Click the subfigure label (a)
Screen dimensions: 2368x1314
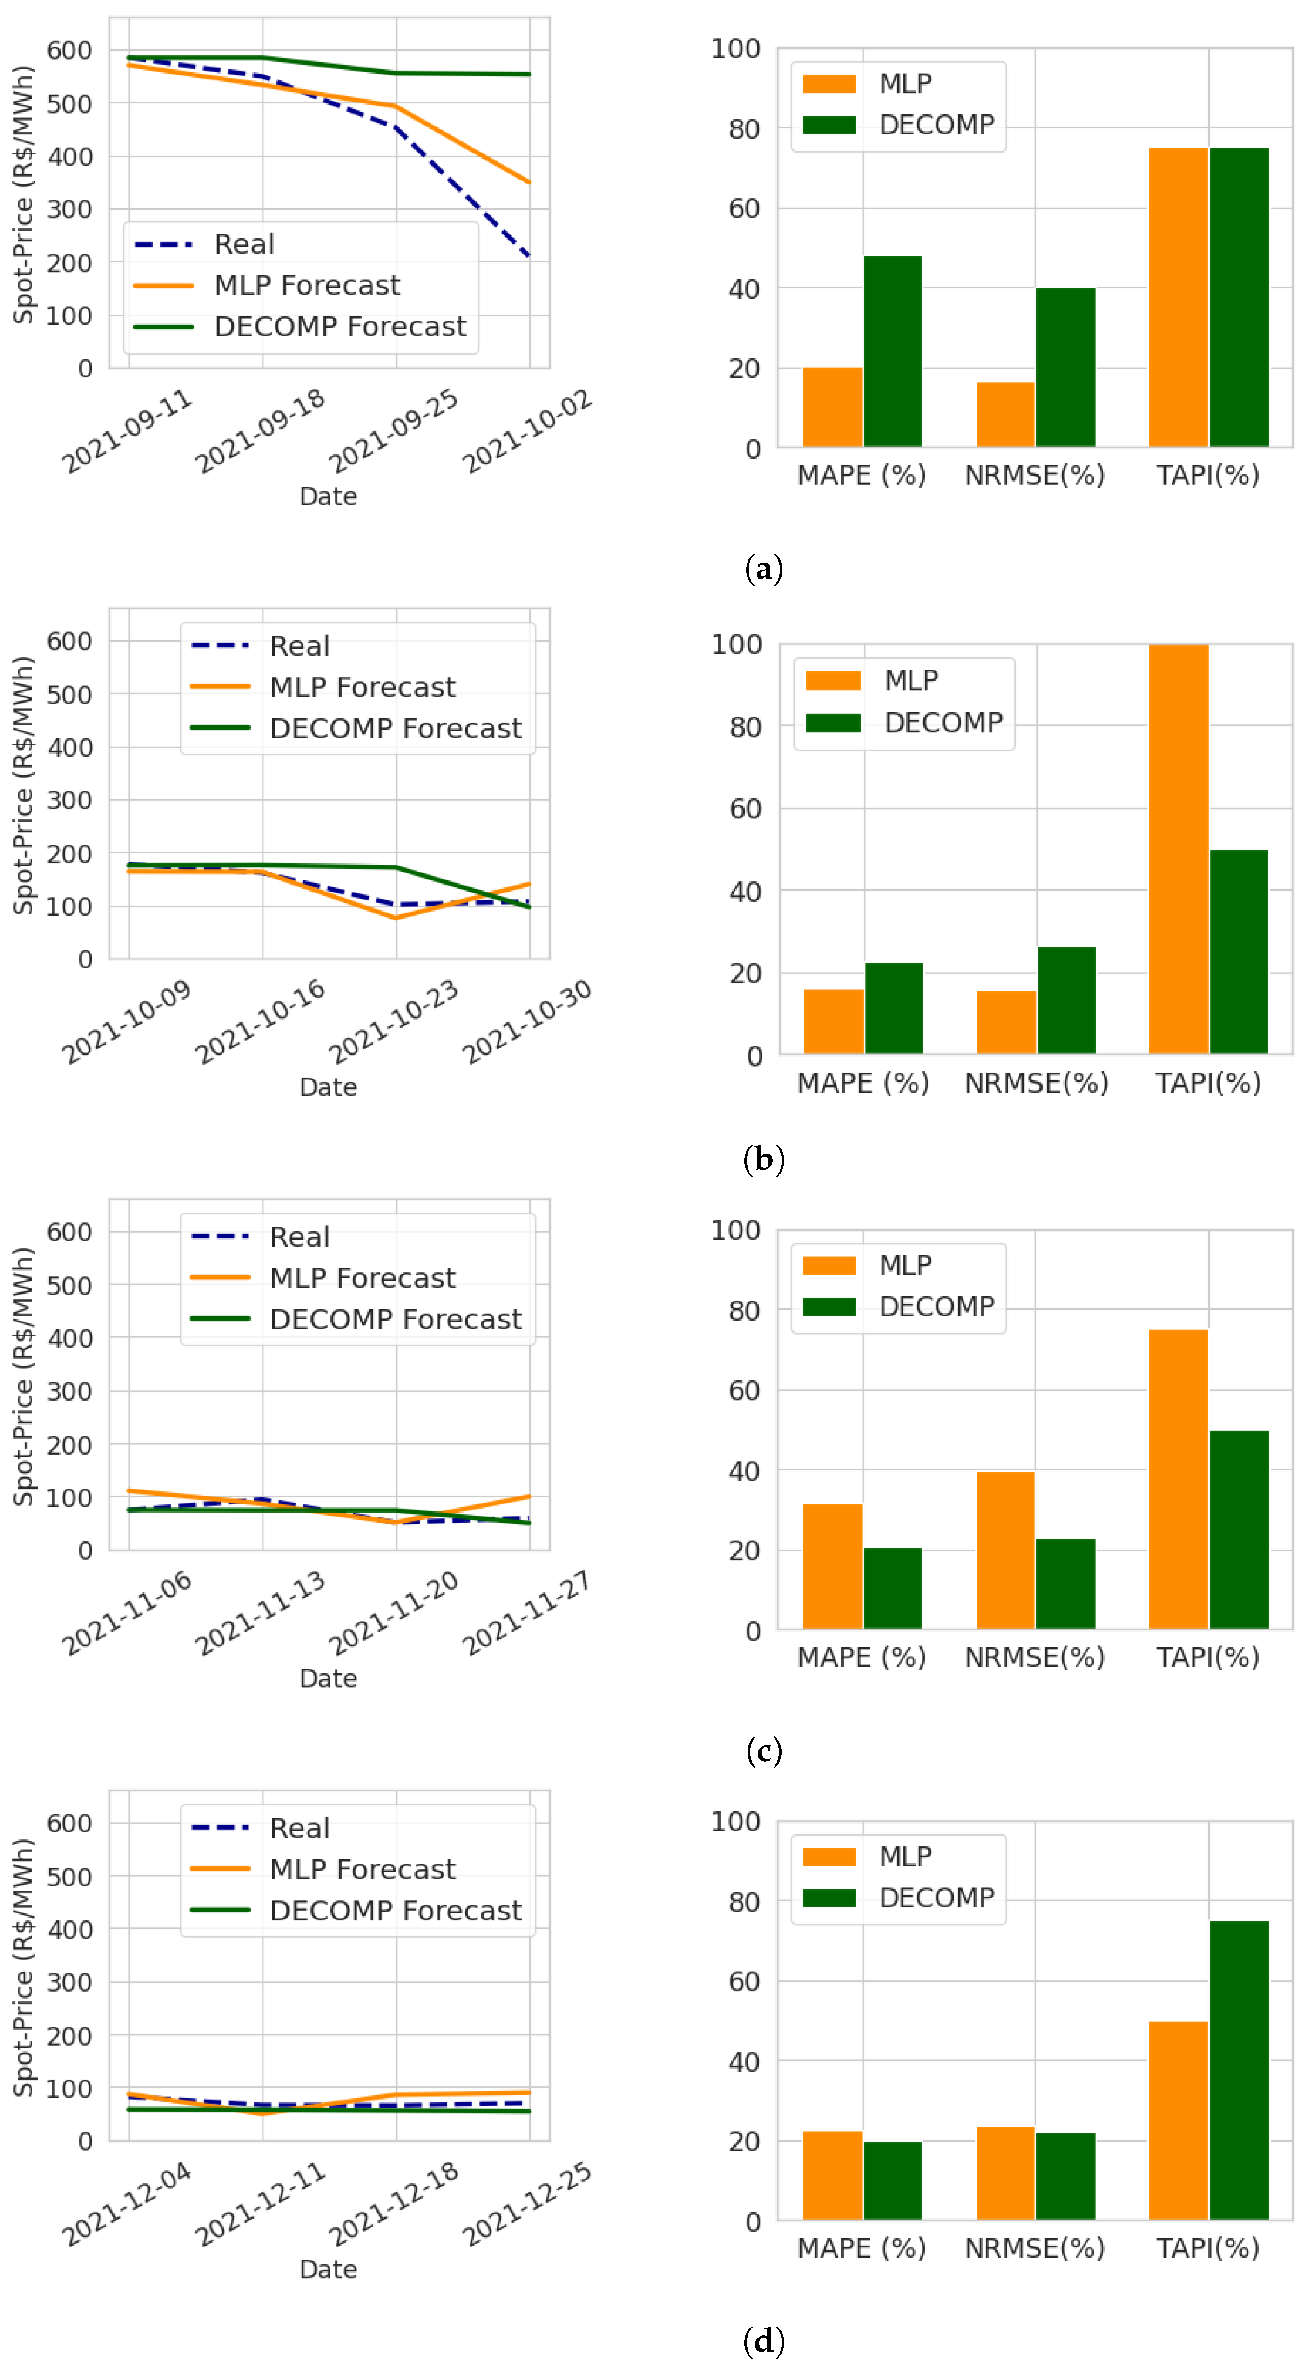coord(763,568)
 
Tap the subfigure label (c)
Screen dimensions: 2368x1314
coord(763,1750)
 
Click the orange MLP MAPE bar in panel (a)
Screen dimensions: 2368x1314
coord(832,407)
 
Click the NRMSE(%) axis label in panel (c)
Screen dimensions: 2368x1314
coord(1034,1657)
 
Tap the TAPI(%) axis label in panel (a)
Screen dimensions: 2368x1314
coord(1207,475)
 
